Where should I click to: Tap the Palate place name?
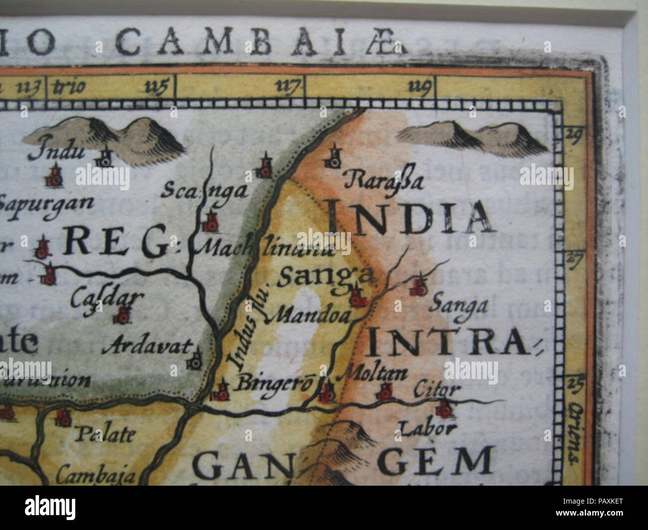(105, 434)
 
